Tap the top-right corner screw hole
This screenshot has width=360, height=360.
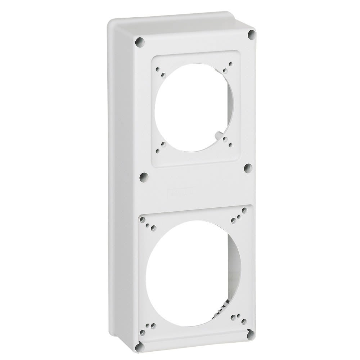coord(251,35)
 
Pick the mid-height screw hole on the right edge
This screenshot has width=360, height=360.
coord(247,168)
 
